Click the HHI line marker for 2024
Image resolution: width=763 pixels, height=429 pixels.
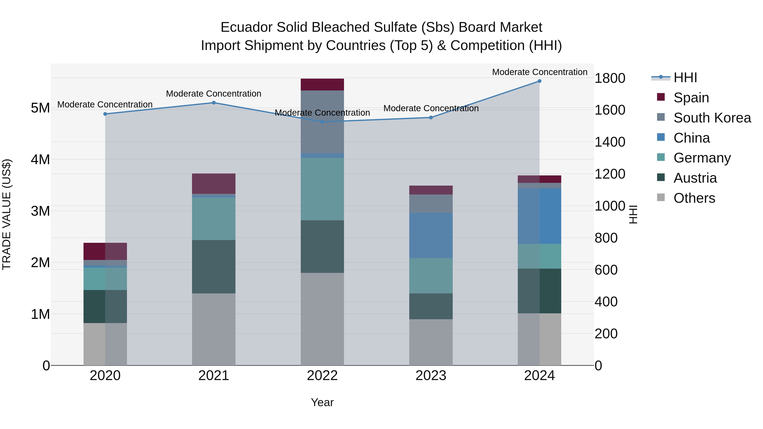539,81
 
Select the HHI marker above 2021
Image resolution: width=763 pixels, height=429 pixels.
214,103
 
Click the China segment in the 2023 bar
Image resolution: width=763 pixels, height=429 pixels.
431,235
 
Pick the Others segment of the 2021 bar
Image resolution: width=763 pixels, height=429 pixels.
214,329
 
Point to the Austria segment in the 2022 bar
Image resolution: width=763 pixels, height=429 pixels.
322,246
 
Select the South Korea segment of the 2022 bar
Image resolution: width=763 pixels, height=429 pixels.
322,122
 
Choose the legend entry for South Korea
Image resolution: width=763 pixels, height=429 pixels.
712,118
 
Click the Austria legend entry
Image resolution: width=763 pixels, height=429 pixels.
695,178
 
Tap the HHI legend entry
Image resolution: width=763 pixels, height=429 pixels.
685,78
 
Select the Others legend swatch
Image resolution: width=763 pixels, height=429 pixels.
661,198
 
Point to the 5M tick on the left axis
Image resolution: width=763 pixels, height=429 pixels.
40,108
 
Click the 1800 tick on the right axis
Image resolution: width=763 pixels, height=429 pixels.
610,78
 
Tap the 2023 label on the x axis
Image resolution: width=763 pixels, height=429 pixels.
431,376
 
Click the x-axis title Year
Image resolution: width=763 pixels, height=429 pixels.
322,402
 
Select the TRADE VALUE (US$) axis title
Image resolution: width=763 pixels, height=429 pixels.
7,214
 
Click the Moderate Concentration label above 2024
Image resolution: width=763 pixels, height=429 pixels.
539,72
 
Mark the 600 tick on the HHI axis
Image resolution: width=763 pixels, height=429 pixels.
606,270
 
